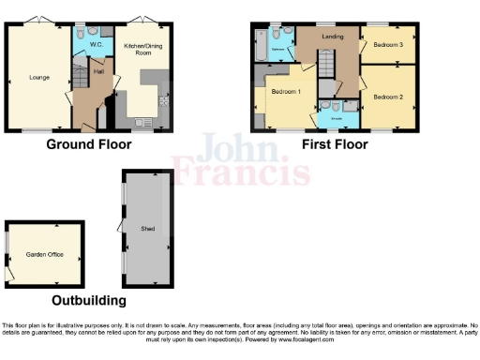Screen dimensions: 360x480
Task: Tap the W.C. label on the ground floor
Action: click(x=96, y=44)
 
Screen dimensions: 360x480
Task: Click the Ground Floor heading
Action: click(x=89, y=144)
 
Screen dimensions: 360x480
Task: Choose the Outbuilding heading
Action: click(x=89, y=301)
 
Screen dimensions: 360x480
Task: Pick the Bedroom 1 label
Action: click(x=286, y=92)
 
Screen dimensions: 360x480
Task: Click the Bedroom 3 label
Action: click(x=387, y=44)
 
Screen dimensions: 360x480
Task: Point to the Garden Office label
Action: click(x=43, y=254)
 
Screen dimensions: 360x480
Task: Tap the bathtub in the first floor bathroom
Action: click(x=259, y=43)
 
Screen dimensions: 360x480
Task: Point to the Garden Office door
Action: click(x=11, y=273)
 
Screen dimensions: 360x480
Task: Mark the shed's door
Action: click(x=119, y=225)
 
